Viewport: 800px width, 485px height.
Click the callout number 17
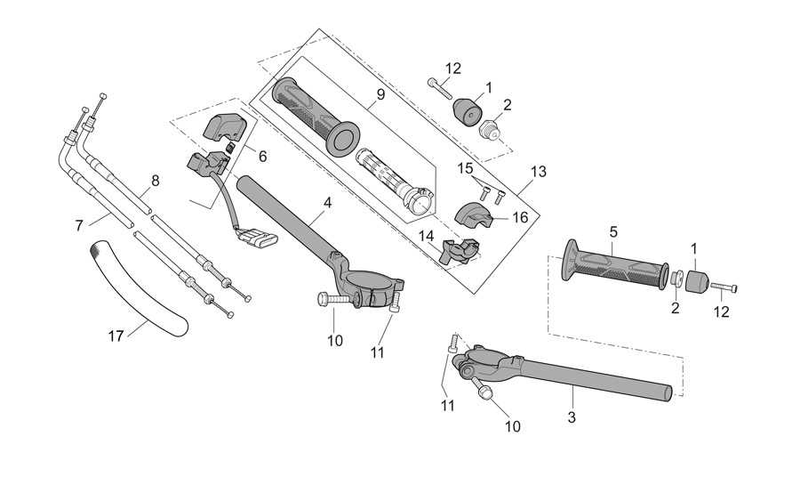(x=116, y=336)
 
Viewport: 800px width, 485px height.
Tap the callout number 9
(x=380, y=94)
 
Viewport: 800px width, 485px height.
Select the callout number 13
(x=539, y=172)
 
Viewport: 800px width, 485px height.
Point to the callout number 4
(x=327, y=203)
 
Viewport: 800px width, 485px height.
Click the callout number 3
(x=572, y=416)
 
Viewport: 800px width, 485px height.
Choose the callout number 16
(x=520, y=217)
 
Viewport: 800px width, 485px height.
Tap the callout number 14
(x=426, y=236)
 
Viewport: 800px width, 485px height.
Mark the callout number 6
(x=262, y=157)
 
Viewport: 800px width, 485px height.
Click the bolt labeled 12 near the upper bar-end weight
(x=439, y=88)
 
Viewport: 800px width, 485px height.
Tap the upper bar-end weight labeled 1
(x=468, y=110)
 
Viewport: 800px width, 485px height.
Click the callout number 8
(x=155, y=181)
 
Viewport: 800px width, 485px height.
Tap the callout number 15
(x=465, y=168)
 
